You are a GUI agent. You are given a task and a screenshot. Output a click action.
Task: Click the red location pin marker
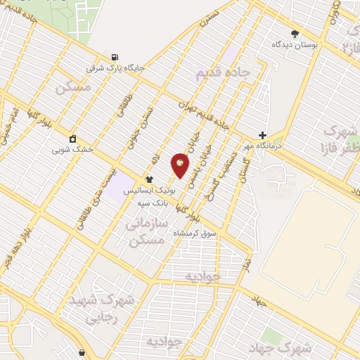click(x=181, y=165)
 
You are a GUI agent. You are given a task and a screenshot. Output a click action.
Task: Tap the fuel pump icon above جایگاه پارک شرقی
click(x=115, y=58)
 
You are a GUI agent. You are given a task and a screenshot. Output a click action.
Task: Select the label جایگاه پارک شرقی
click(x=115, y=69)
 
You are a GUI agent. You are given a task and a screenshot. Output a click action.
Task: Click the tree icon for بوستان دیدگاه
click(x=295, y=33)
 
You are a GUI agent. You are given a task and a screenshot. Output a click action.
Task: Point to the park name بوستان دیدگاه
click(x=295, y=44)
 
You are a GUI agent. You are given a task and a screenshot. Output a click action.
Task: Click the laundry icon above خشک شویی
click(x=72, y=138)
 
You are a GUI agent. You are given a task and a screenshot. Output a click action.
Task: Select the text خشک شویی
click(x=72, y=149)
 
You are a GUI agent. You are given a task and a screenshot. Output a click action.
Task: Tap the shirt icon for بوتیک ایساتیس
click(x=149, y=180)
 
